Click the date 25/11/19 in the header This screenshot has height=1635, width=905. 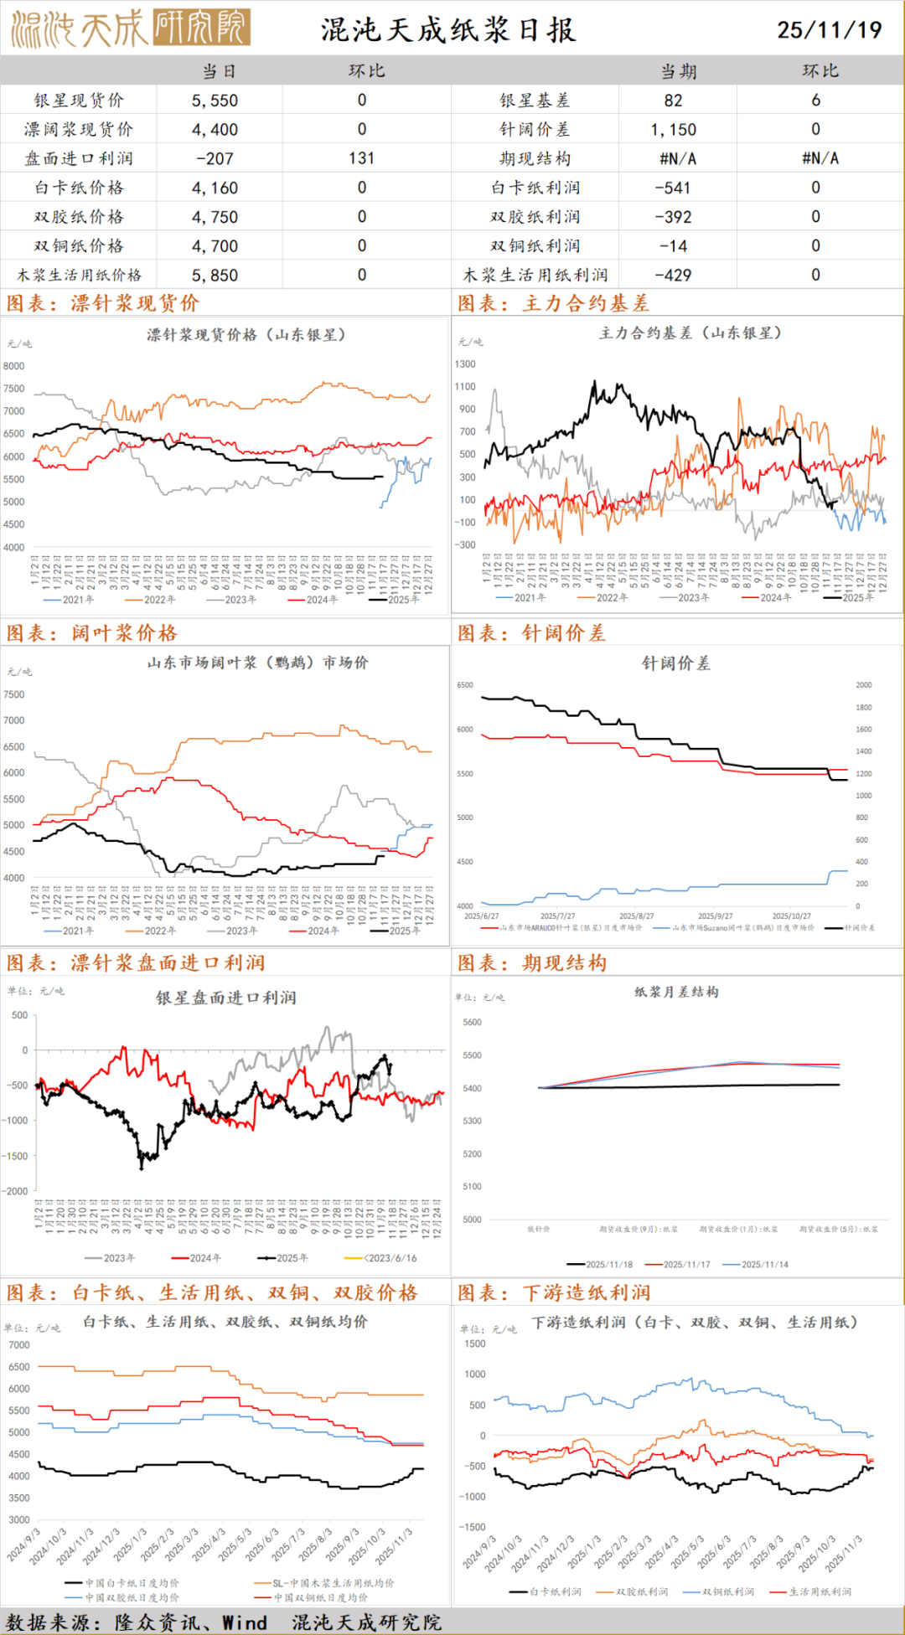click(829, 30)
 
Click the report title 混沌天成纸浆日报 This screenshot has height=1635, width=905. click(448, 30)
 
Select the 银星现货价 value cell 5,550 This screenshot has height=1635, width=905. click(215, 101)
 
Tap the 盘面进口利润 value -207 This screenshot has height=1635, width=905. click(215, 158)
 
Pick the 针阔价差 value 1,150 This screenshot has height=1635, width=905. click(673, 130)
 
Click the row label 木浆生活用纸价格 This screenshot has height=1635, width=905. click(79, 275)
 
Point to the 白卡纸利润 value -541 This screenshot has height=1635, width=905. click(673, 188)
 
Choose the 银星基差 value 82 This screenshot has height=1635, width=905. click(673, 101)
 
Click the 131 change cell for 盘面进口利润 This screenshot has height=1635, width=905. click(362, 158)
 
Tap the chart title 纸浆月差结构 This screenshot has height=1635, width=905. click(676, 992)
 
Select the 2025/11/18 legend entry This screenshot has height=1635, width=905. click(601, 1265)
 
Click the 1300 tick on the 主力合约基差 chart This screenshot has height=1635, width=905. click(465, 364)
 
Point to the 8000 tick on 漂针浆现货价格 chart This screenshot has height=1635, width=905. click(14, 366)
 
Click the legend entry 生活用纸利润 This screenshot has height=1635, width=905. click(820, 1591)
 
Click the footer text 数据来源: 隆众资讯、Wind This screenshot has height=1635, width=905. click(137, 1622)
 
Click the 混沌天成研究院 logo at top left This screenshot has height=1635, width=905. click(130, 28)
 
